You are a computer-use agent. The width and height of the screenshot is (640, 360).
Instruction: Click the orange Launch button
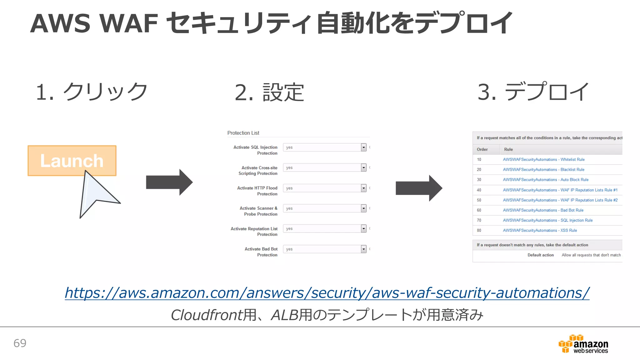click(72, 160)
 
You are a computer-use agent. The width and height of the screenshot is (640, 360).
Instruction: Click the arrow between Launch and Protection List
click(169, 182)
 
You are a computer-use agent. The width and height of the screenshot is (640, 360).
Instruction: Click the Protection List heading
click(243, 133)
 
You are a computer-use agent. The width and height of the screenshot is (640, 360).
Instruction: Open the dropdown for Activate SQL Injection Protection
click(363, 147)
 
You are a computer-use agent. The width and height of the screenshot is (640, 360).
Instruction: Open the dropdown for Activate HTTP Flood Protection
click(363, 188)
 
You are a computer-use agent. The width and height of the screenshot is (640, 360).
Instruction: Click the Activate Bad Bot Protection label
click(261, 252)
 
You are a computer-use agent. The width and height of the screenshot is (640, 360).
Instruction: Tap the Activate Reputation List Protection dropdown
click(363, 229)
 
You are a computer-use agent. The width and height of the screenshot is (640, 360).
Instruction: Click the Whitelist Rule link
click(543, 159)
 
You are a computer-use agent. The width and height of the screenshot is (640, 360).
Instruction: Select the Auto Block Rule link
click(545, 180)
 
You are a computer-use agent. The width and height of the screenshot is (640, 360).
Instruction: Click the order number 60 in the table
click(479, 210)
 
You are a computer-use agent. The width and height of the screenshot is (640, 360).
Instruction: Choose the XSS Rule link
click(540, 230)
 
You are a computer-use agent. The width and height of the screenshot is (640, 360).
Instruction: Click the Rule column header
click(508, 149)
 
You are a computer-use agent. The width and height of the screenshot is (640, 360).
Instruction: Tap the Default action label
click(540, 255)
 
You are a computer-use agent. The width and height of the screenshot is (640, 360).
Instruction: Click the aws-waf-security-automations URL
click(327, 293)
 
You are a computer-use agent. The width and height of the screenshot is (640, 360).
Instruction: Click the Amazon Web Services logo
click(583, 344)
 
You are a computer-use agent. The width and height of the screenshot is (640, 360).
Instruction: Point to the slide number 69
click(20, 343)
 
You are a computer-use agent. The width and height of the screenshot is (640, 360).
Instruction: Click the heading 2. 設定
click(269, 92)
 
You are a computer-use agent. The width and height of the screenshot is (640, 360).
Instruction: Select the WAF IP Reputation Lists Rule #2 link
click(560, 200)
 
